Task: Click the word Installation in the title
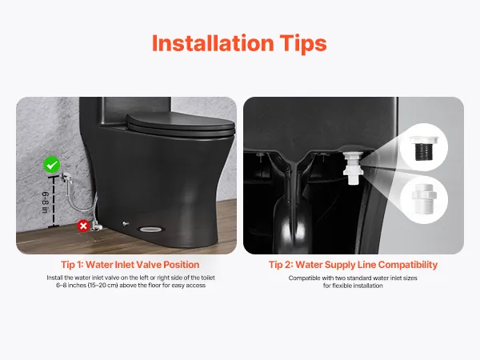point(213,43)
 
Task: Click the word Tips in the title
point(303,44)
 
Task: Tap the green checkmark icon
point(52,165)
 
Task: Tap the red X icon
point(83,226)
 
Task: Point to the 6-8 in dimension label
point(45,202)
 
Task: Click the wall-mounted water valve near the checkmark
point(66,178)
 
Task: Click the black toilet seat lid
point(181,124)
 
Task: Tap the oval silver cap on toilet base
point(151,229)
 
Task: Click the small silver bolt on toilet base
point(125,224)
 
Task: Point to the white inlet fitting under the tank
point(353,168)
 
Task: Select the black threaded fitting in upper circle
point(424,149)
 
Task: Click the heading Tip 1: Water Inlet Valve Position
point(130,265)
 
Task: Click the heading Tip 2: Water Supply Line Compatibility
point(353,265)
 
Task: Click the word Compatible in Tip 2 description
point(304,278)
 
